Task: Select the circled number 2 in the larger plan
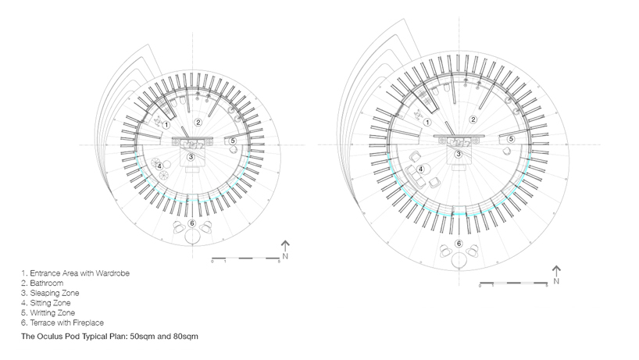click(473, 119)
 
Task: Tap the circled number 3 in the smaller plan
click(191, 157)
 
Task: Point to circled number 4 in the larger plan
click(420, 169)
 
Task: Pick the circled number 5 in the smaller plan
click(233, 141)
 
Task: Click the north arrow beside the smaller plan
click(286, 248)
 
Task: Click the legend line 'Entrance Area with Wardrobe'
click(75, 273)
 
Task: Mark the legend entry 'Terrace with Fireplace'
click(64, 323)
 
